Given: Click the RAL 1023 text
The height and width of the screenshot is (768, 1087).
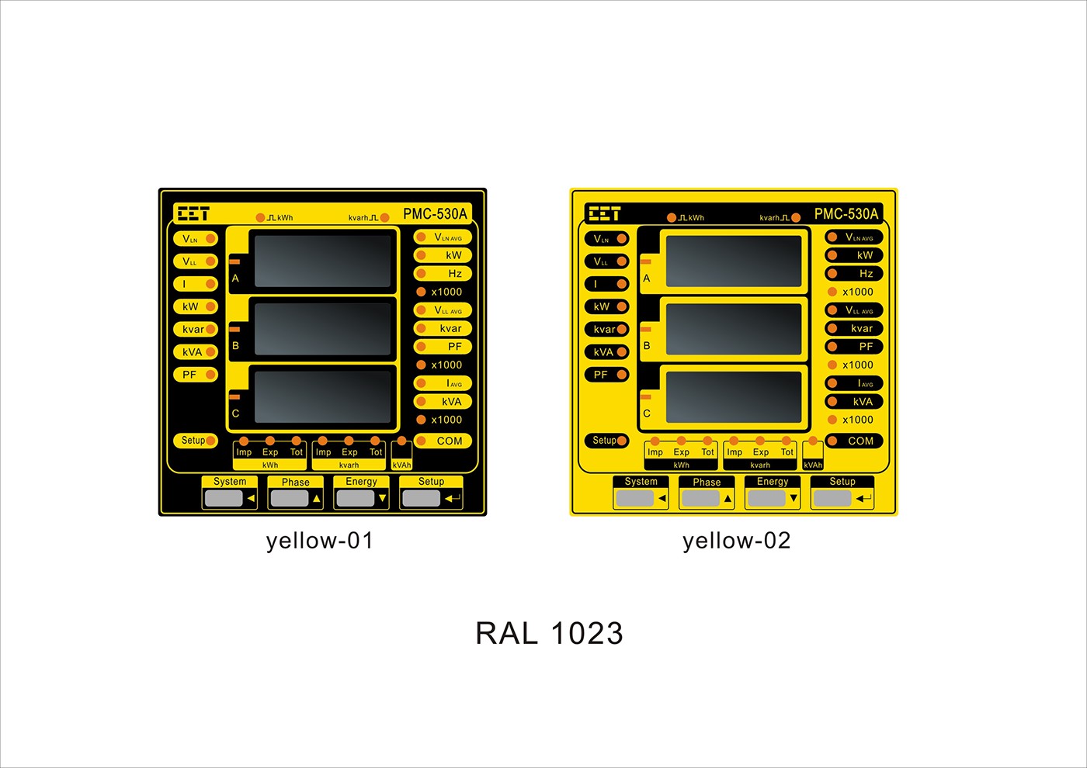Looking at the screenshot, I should click(549, 634).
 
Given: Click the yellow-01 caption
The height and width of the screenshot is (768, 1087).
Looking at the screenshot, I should click(320, 541).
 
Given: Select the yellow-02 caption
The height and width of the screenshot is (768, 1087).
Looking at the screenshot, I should click(737, 541).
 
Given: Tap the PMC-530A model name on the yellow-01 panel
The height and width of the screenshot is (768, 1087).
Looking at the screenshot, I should click(435, 214).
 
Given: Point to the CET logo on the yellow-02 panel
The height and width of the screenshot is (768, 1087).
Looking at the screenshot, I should click(604, 213).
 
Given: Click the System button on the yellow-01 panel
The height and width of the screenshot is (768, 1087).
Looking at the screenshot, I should click(230, 493).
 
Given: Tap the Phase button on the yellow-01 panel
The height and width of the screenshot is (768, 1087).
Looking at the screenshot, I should click(295, 493).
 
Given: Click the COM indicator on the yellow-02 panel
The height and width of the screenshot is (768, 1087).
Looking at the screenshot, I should click(853, 441).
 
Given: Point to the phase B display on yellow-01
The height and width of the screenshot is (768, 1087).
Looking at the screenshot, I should click(322, 329).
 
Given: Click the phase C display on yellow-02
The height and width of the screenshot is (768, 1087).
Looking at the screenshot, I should click(733, 396).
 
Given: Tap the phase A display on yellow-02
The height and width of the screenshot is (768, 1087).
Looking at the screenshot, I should click(733, 261).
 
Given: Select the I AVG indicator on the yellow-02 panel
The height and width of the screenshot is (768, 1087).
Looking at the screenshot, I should click(853, 383).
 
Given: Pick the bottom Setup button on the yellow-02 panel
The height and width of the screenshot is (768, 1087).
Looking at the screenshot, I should click(842, 493).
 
